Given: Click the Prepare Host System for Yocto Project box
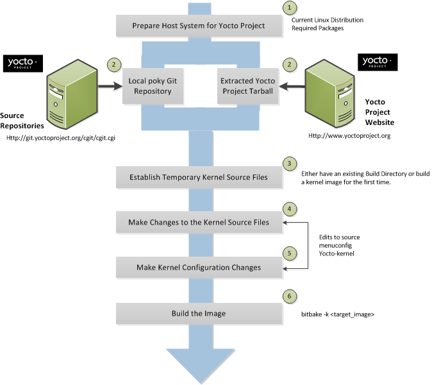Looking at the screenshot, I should pos(199,26).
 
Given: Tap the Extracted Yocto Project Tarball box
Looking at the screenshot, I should pos(247,86).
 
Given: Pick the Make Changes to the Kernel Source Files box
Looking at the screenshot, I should pos(199,222).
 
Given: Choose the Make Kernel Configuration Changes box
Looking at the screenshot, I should pos(199,267).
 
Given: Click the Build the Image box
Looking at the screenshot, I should pos(199,314).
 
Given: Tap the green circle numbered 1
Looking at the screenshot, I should pos(290,8).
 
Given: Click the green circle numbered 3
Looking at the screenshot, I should pos(290,164).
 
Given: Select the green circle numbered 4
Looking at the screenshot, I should pos(290,209).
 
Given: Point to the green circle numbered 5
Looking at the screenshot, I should pos(290,253).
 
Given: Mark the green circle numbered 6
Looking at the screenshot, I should pos(290,297).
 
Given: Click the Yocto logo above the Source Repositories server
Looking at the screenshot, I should pos(22,64).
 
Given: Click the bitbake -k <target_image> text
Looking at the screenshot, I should pos(338,315).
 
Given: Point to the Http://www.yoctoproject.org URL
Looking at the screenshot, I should pos(349,136).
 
